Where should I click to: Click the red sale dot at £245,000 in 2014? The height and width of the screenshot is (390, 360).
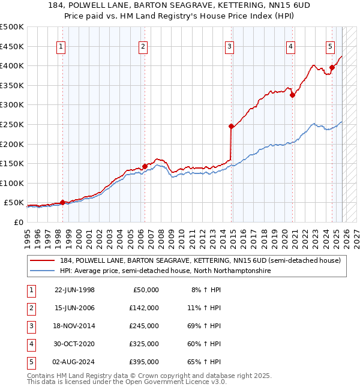pos(231,126)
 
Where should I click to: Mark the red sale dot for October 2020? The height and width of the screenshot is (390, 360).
pos(292,95)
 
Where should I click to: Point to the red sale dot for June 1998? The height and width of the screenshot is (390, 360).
pos(62,202)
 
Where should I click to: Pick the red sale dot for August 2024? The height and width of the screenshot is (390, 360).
pos(332,67)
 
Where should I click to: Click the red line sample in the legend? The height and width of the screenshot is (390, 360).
pos(43,260)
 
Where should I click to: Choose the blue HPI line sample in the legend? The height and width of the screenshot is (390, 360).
pos(43,271)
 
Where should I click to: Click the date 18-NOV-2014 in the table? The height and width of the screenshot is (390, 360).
pos(74,326)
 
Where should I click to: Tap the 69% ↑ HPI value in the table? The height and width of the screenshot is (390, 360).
pos(206,326)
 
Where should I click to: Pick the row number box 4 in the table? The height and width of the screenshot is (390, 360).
pos(32,344)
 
